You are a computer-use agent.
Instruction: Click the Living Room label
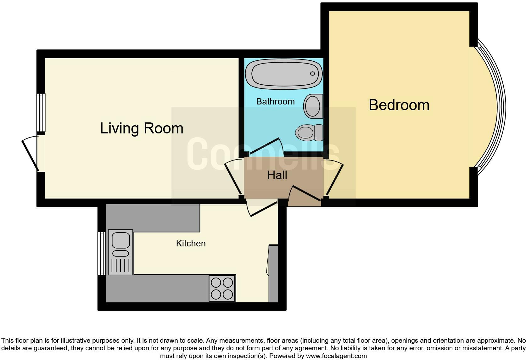(x=142, y=128)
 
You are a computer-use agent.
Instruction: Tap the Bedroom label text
(x=399, y=105)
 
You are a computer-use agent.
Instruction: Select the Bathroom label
(x=275, y=101)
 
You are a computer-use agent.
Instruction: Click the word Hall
(x=277, y=175)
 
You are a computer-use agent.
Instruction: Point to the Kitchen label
(x=191, y=243)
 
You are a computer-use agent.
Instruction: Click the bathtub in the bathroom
(x=283, y=74)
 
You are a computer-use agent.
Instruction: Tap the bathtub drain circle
(x=312, y=74)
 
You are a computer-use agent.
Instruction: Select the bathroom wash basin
(x=313, y=106)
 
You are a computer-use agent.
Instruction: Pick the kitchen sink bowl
(x=121, y=240)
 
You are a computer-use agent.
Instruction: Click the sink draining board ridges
(x=120, y=265)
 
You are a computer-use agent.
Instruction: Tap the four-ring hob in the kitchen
(x=222, y=289)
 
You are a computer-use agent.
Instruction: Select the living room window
(x=41, y=112)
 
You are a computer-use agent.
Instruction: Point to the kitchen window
(x=101, y=253)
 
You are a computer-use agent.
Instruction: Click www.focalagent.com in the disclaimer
(x=336, y=356)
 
